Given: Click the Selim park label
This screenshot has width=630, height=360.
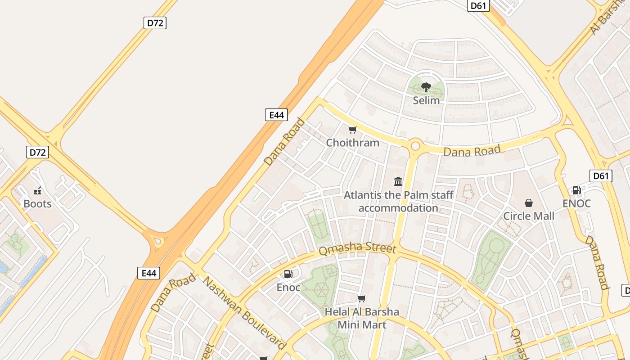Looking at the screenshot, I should coord(426,100).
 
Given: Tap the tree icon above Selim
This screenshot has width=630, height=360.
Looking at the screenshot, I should coord(426,87).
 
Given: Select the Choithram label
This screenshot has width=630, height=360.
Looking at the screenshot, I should coord(353,143).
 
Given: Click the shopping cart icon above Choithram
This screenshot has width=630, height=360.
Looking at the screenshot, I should coord(353,130).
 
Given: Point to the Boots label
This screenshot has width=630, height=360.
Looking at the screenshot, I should coord(37,204).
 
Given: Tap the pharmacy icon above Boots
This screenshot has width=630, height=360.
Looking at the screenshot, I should coord(37,191).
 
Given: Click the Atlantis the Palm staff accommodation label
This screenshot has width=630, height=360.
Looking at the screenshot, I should coord(398,202).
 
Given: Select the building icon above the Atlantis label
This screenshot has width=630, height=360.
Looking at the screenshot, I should coord(398,181).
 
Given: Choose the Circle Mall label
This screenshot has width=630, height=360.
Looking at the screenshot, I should coord(529,216).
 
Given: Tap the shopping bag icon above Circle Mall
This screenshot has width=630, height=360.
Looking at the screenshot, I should coord(529,203).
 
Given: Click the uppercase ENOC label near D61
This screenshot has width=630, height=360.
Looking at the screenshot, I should coord(576,203).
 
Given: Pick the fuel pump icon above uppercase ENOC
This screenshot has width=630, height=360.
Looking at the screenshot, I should coord(576,190).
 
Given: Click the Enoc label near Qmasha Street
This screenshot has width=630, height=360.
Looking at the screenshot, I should coord(288,287).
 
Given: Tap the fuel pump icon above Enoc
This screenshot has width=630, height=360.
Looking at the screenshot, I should coord(288,274).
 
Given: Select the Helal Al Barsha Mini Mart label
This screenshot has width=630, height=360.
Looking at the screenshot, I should coord(362,318).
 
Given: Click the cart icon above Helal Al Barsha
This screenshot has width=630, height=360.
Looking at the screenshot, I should coord(361,298).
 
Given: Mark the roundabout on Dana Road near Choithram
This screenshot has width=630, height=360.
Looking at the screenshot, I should coord(415,146).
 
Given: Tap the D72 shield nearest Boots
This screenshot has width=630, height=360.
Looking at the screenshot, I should coord(37,152).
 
